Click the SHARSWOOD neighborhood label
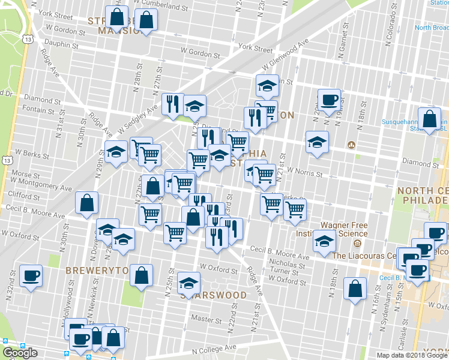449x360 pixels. (214, 295)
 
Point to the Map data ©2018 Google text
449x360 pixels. (411, 355)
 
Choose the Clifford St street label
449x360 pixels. (24, 196)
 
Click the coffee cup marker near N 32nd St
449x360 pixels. (31, 277)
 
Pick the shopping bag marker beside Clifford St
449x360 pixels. (87, 203)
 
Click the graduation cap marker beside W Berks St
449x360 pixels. (116, 152)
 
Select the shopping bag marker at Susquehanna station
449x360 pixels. (430, 119)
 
